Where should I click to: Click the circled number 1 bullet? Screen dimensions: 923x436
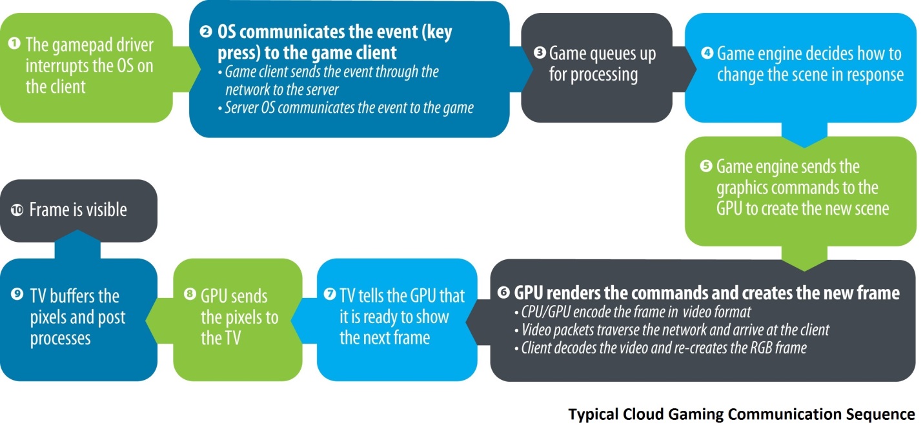click(14, 43)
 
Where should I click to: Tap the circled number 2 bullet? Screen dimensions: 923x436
click(206, 32)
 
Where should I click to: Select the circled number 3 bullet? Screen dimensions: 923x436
click(540, 52)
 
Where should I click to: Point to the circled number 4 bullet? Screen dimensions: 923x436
click(707, 53)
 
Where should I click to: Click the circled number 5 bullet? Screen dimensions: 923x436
click(706, 166)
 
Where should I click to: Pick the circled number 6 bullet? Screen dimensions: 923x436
click(503, 292)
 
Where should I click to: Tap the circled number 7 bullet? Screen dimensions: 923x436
click(330, 294)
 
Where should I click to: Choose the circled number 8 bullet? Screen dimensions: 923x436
click(190, 294)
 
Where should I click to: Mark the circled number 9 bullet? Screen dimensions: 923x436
click(17, 294)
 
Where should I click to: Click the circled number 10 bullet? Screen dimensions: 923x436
click(17, 210)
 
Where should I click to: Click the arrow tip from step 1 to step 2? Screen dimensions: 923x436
click(200, 69)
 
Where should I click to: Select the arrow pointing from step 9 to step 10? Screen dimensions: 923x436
click(77, 244)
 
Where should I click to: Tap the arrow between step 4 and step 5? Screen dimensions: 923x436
click(804, 135)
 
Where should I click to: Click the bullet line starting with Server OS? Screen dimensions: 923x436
click(346, 108)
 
